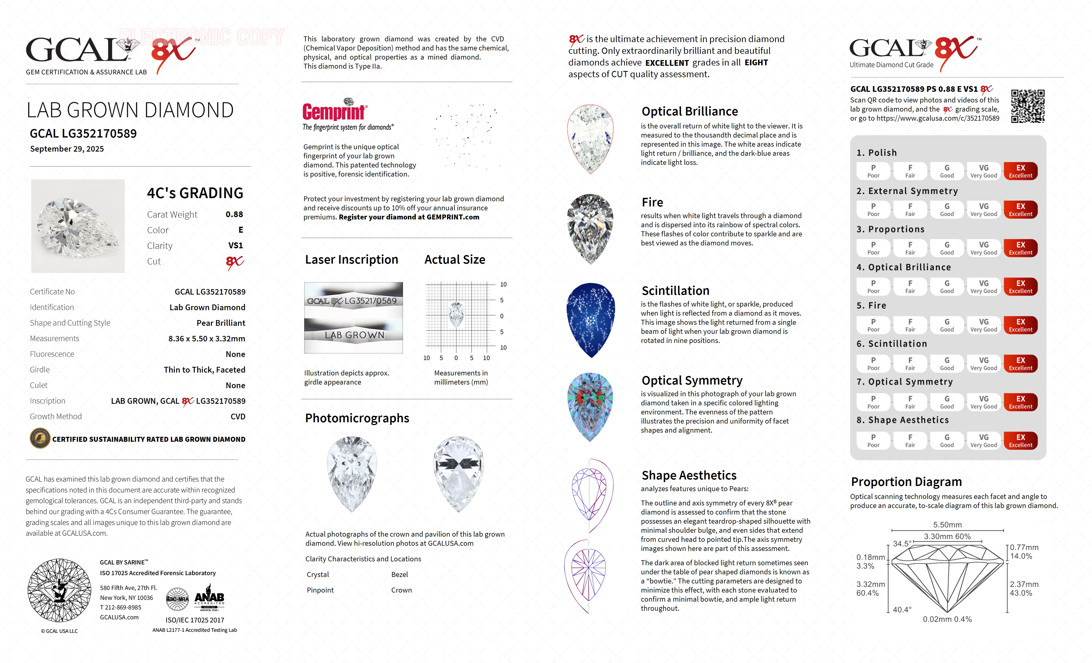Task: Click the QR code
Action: tap(1027, 106)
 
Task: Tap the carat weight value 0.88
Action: tap(234, 214)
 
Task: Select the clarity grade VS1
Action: tap(235, 245)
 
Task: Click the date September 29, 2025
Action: tap(67, 149)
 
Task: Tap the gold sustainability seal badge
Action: tap(40, 439)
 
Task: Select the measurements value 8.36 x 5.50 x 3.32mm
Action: tap(206, 339)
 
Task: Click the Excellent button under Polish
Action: tap(1020, 171)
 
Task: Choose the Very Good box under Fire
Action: tap(983, 325)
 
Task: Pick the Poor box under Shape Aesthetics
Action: tap(873, 440)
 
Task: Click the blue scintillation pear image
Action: tap(591, 320)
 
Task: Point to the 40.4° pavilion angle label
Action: tap(902, 610)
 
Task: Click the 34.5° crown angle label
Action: tap(902, 543)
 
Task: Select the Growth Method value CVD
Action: tap(238, 417)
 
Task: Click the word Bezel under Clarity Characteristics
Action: tap(399, 574)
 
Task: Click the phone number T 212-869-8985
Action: tap(121, 608)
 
